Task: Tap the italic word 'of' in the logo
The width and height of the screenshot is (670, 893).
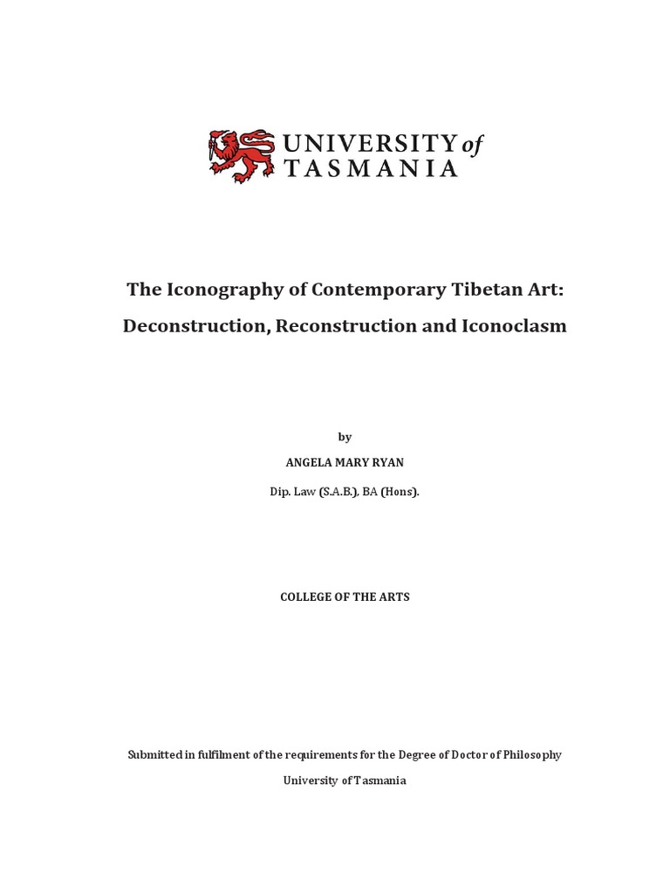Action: (x=472, y=145)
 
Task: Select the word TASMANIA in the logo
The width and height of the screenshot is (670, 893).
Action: (x=372, y=169)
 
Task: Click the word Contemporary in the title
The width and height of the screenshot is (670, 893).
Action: (x=354, y=289)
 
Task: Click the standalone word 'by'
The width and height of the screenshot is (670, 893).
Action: (x=345, y=437)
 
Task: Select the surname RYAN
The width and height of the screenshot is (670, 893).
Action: (x=388, y=463)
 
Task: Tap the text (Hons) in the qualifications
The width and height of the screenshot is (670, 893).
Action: (x=399, y=492)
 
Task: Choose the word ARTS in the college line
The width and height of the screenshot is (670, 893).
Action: (x=394, y=597)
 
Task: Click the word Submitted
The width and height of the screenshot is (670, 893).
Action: (x=156, y=754)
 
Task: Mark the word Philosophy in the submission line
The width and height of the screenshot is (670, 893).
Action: (x=530, y=754)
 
